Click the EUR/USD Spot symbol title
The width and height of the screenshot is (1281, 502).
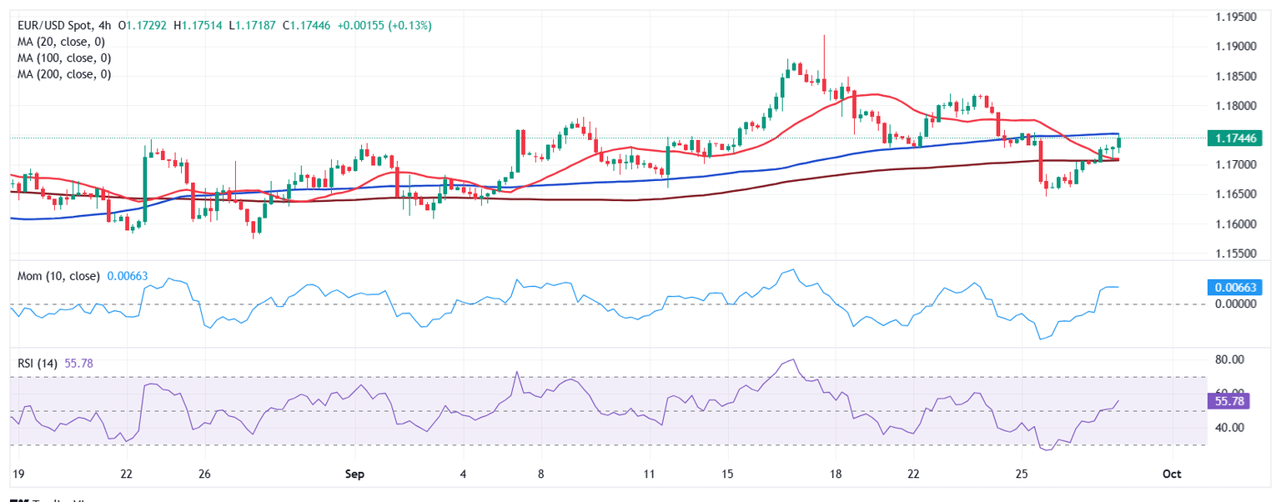(55, 26)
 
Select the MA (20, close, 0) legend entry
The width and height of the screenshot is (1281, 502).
(64, 42)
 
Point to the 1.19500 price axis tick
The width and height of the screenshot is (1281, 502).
(1233, 17)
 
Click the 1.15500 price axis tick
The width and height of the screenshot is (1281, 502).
(1233, 253)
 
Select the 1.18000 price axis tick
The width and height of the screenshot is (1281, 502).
(1233, 106)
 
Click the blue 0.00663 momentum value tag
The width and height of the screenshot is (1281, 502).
(1234, 288)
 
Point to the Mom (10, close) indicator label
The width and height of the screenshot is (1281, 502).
(58, 276)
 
